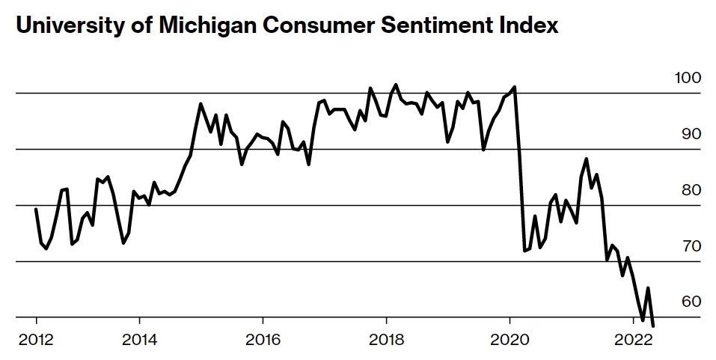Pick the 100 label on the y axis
(687, 79)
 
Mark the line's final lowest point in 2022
(653, 326)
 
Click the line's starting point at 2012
(37, 210)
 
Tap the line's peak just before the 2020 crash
(515, 87)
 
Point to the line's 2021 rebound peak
(587, 159)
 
